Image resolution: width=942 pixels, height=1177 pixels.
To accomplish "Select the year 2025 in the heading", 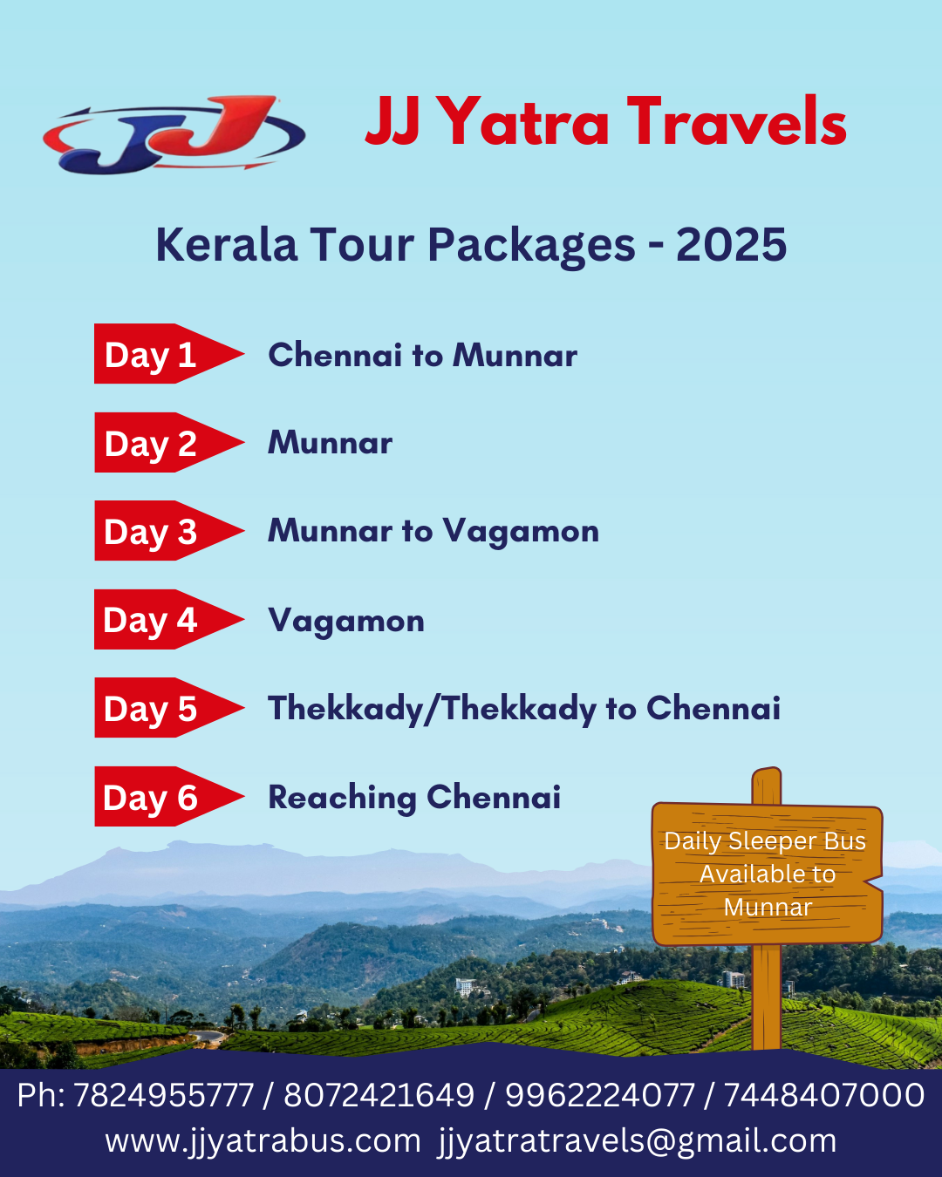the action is tap(731, 244).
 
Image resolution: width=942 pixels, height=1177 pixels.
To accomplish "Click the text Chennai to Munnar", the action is tap(422, 355).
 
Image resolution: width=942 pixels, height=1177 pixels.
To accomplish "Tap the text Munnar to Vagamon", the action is tap(433, 532).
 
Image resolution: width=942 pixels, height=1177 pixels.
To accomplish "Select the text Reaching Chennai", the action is tap(414, 798).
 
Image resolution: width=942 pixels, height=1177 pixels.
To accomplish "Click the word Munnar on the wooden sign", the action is tap(768, 908).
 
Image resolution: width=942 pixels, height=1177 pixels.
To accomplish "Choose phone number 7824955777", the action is tap(164, 1095).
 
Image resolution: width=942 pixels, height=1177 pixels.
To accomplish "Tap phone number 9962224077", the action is tap(600, 1095).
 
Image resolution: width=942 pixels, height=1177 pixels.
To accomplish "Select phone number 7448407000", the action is tap(825, 1095).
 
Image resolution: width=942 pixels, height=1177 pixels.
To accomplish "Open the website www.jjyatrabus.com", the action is tap(263, 1142).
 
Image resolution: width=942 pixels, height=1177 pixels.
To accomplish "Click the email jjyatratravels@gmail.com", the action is tap(637, 1142).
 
